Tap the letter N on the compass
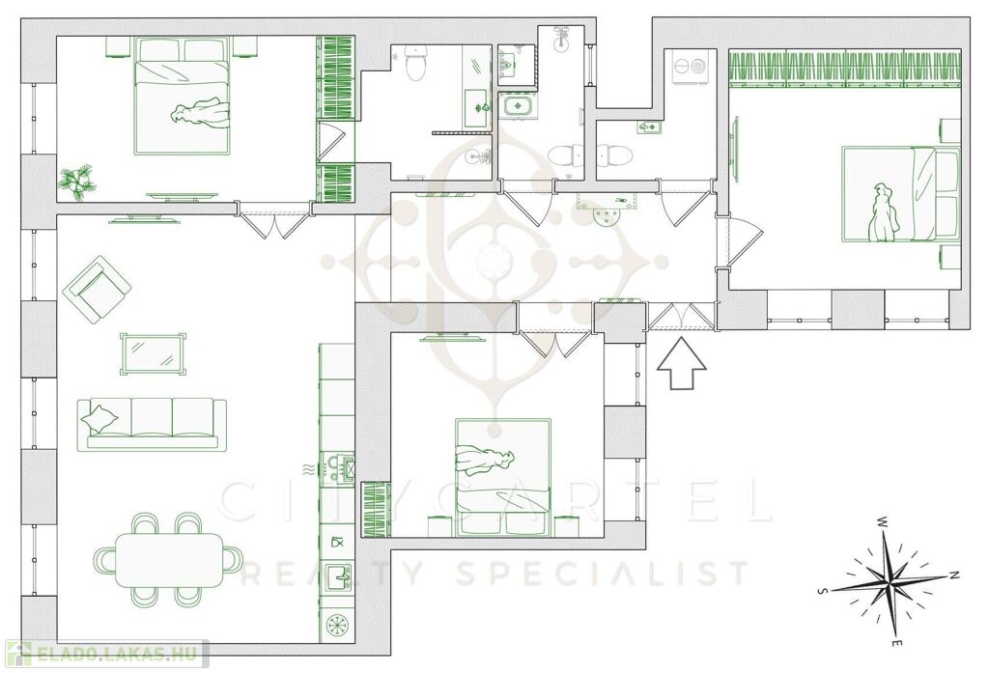coord(955,575)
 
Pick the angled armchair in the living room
coord(97,289)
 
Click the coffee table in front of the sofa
coord(154,353)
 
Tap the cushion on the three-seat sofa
coord(99,417)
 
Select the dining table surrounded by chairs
coord(168,560)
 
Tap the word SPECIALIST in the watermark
coord(603,573)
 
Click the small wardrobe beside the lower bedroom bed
coord(376,510)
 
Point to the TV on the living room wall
coord(145,219)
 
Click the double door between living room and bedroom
coord(275,218)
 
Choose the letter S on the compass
coord(823,591)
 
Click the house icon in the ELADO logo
coord(17,654)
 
